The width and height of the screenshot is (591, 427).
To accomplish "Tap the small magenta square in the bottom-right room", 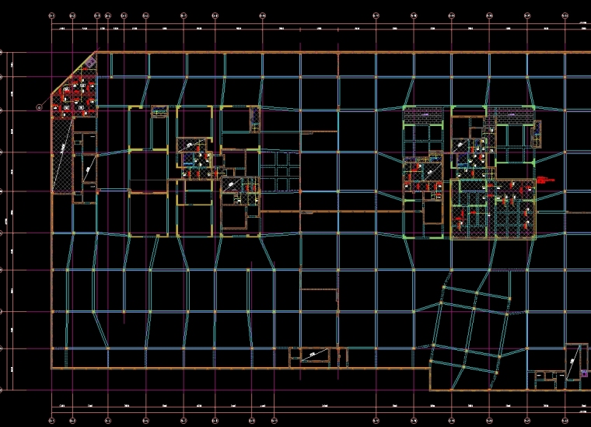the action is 584,373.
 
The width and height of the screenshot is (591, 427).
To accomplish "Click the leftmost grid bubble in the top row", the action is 52,15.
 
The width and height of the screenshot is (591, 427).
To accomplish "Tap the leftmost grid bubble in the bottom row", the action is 52,419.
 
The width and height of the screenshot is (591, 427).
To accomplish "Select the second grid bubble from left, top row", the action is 72,15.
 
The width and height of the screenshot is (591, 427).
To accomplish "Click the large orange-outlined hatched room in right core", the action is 493,208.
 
